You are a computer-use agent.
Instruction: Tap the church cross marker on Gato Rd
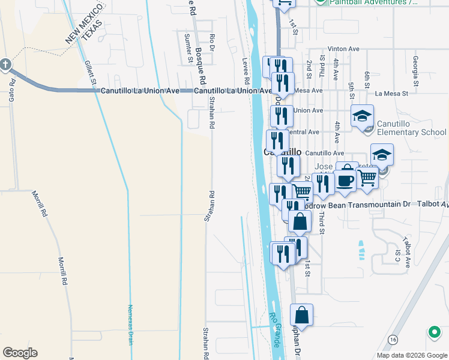[5, 64]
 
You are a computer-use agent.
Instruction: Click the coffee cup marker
[345, 180]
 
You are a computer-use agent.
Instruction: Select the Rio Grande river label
[276, 330]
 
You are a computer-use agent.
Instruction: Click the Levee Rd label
[246, 71]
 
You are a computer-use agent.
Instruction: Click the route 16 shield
[393, 340]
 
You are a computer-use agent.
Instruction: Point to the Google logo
[20, 353]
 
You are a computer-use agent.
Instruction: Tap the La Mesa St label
[391, 94]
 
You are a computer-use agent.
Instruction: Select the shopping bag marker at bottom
[301, 316]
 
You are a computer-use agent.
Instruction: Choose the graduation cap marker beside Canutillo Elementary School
[362, 116]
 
